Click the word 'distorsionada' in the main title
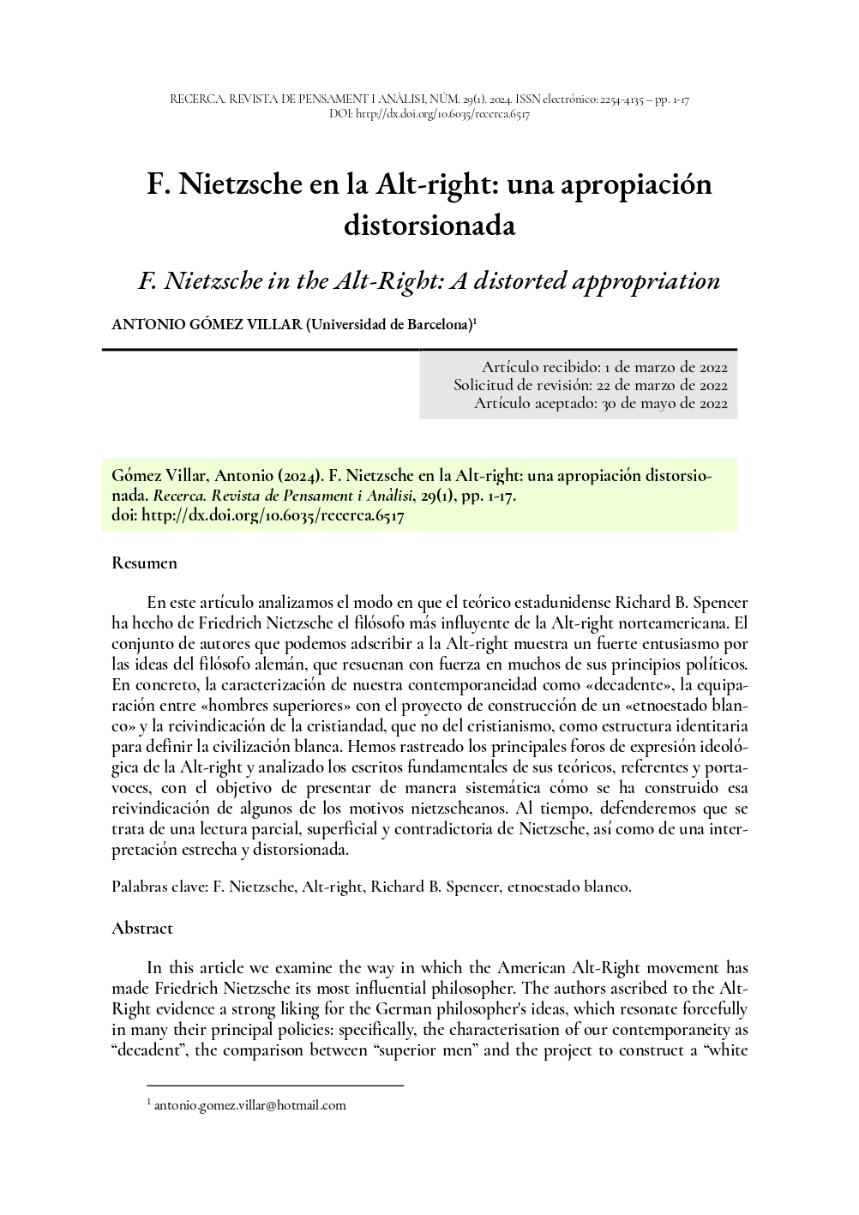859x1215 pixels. pyautogui.click(x=429, y=225)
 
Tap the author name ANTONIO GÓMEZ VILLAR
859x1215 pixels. pyautogui.click(x=207, y=325)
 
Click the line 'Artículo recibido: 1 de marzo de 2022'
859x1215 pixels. pyautogui.click(x=604, y=366)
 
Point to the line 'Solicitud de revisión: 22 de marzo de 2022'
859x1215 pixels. pyautogui.click(x=591, y=385)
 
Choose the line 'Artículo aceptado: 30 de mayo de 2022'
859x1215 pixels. pyautogui.click(x=601, y=404)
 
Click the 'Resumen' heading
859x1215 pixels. pyautogui.click(x=144, y=563)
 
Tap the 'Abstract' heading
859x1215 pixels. pyautogui.click(x=142, y=929)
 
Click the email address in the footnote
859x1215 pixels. pyautogui.click(x=249, y=1105)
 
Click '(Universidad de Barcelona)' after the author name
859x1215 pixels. pyautogui.click(x=389, y=325)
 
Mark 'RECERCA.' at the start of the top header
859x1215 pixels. pyautogui.click(x=195, y=100)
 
